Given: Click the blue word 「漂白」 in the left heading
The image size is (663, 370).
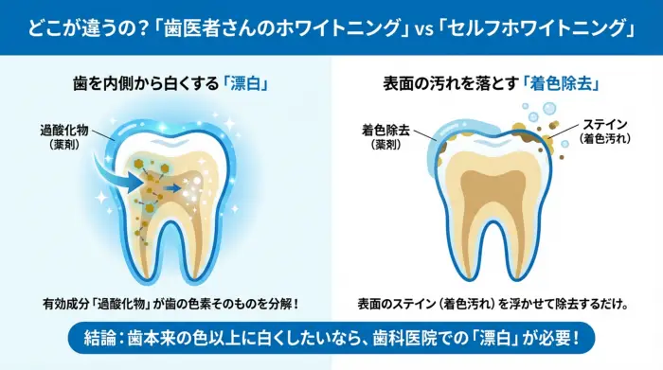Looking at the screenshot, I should click(x=244, y=83).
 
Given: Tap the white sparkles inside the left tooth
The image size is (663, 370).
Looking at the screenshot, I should click(x=199, y=188).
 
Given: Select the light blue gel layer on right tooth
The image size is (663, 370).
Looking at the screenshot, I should click(x=445, y=142).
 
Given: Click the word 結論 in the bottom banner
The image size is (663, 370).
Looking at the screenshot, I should click(x=101, y=338).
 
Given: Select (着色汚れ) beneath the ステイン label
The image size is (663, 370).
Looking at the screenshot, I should click(x=605, y=140).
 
